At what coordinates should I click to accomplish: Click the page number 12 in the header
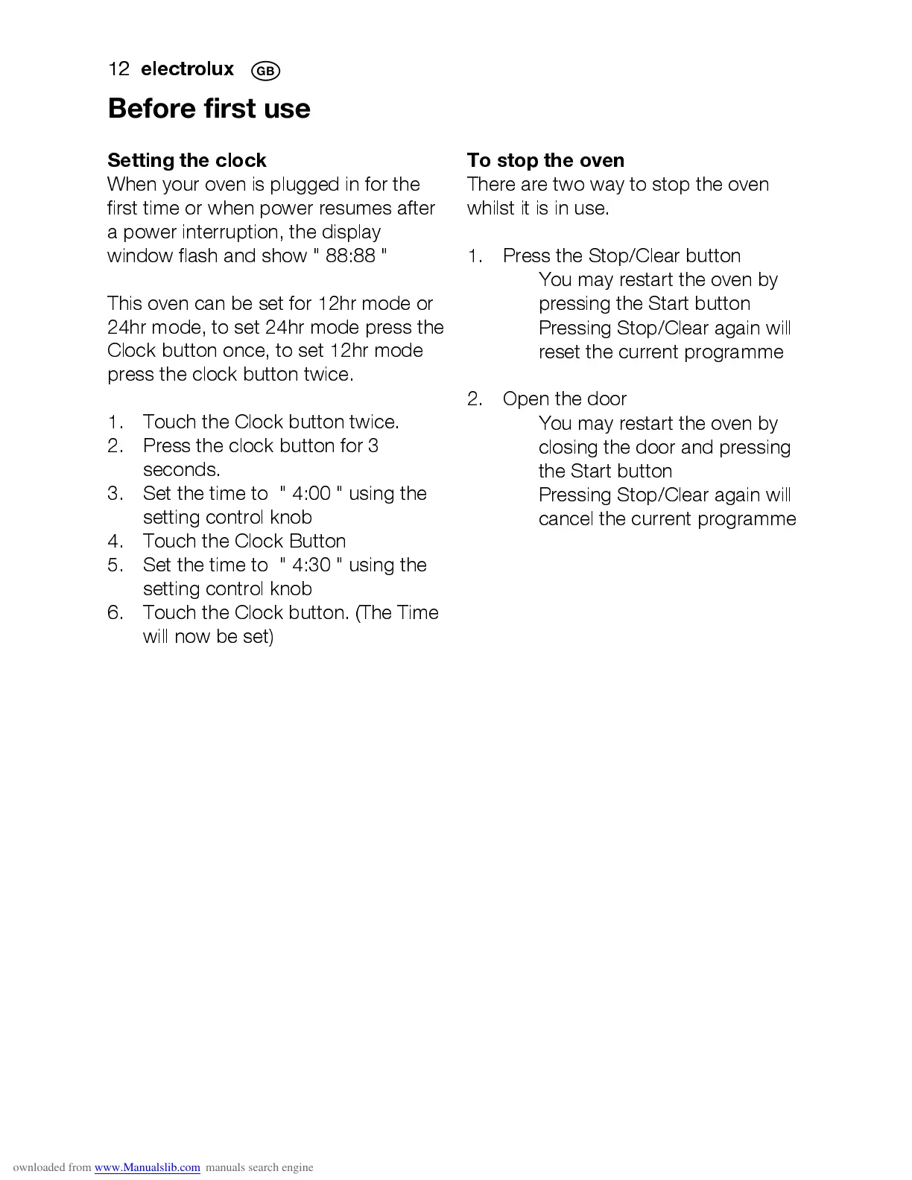[x=118, y=69]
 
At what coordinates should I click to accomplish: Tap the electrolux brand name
[x=187, y=69]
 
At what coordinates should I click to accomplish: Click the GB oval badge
[x=265, y=72]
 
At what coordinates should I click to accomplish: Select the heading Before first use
[x=209, y=109]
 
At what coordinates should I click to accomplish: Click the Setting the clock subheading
[x=186, y=160]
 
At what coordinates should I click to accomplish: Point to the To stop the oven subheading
[x=545, y=160]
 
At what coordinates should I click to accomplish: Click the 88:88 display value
[x=350, y=256]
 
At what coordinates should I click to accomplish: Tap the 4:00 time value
[x=311, y=494]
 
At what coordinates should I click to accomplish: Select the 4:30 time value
[x=311, y=565]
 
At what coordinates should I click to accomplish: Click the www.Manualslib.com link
[x=147, y=1167]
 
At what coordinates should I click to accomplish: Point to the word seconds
[x=181, y=470]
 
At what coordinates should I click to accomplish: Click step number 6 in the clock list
[x=115, y=613]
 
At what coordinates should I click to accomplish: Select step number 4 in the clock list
[x=115, y=542]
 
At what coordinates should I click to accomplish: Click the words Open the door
[x=564, y=399]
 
